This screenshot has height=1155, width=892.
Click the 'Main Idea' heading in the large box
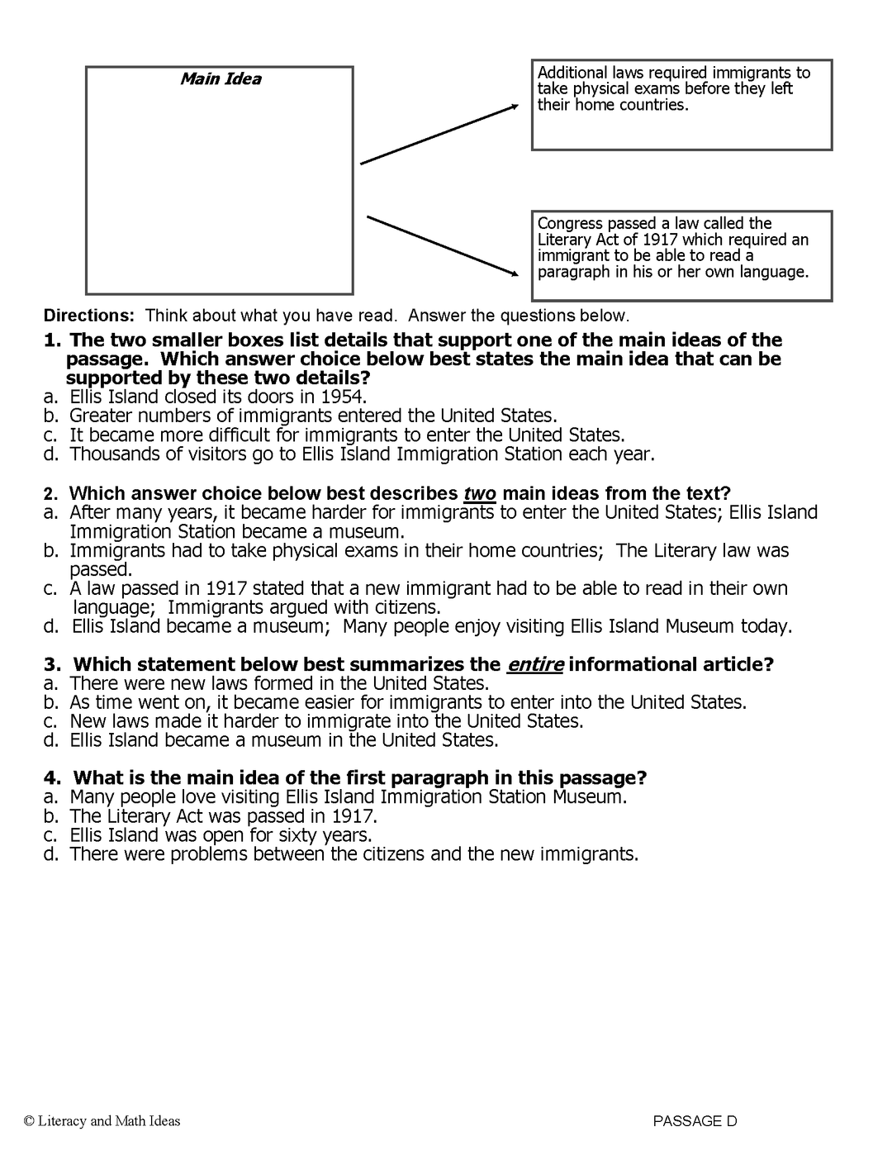[x=221, y=79]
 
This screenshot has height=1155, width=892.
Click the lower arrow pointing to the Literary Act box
[x=442, y=245]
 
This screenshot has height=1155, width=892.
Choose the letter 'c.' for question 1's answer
[x=51, y=435]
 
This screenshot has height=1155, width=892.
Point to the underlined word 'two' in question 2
[x=480, y=494]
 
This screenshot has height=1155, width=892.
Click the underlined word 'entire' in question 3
[x=534, y=665]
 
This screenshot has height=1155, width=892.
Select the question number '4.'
[x=53, y=778]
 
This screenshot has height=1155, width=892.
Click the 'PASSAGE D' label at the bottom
[x=695, y=1121]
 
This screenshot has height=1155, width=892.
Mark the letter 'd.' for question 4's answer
[x=51, y=854]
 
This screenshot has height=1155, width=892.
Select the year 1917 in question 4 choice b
[x=354, y=816]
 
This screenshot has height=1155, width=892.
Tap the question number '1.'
[x=53, y=340]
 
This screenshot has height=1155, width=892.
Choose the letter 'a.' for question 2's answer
[x=51, y=513]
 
